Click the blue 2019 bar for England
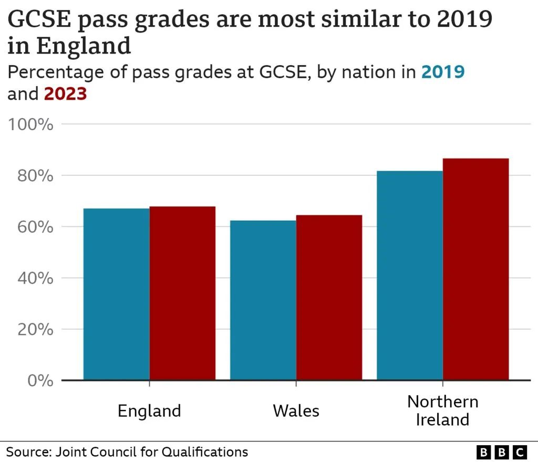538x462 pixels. tap(117, 294)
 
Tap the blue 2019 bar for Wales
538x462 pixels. tap(263, 300)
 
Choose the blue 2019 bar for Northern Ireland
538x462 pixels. tap(410, 275)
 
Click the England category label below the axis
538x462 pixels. tap(149, 411)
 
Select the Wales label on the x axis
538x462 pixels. tap(296, 411)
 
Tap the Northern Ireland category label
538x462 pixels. tap(442, 411)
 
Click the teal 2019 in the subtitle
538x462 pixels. tap(443, 72)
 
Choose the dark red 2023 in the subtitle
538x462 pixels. tap(65, 94)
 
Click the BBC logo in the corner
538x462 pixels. tap(501, 451)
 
